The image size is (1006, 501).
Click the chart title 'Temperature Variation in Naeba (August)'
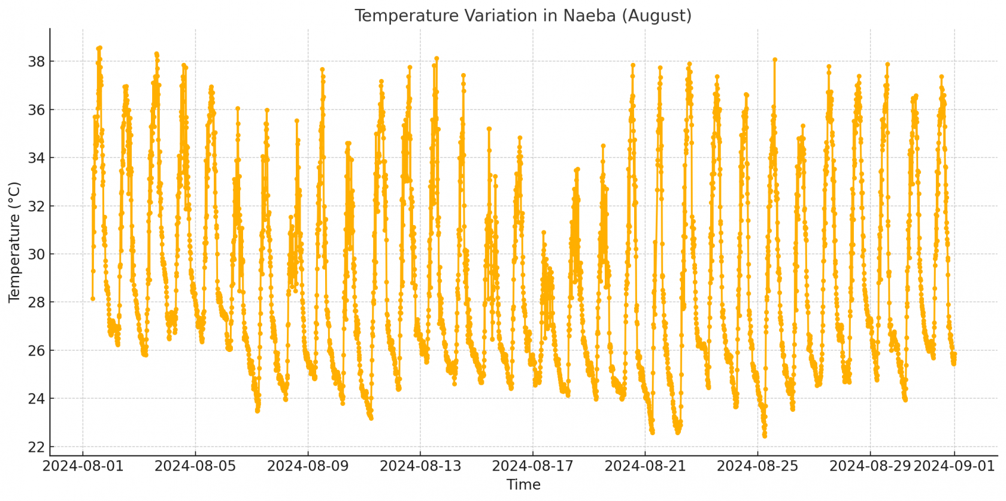pyautogui.click(x=523, y=16)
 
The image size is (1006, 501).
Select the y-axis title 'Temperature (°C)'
pyautogui.click(x=15, y=242)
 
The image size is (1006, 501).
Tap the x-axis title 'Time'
pyautogui.click(x=523, y=485)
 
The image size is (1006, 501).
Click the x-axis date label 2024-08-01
pyautogui.click(x=83, y=466)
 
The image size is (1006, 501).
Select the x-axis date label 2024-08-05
pyautogui.click(x=196, y=466)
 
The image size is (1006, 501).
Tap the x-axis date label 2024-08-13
pyautogui.click(x=420, y=466)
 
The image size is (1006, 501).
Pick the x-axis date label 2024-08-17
pyautogui.click(x=533, y=466)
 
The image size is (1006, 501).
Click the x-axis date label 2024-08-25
pyautogui.click(x=758, y=466)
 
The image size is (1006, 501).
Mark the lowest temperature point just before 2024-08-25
pyautogui.click(x=764, y=436)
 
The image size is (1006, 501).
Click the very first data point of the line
pyautogui.click(x=93, y=299)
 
